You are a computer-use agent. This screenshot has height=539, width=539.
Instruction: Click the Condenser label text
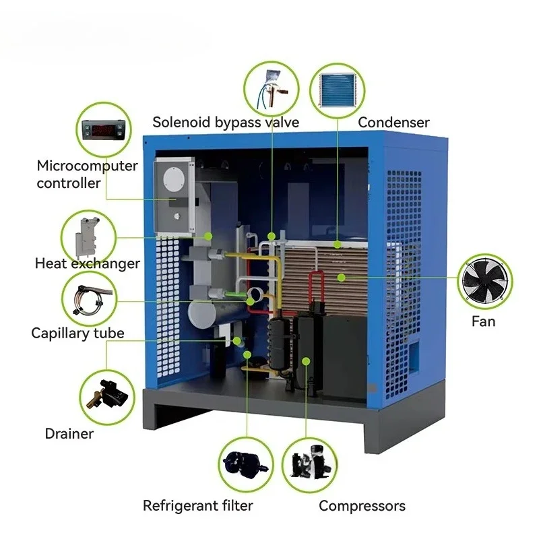click(393, 123)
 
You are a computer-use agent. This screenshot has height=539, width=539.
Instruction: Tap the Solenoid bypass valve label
click(226, 123)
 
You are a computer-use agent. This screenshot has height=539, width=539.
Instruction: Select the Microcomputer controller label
click(88, 175)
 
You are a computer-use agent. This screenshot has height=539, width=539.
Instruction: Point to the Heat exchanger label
click(88, 263)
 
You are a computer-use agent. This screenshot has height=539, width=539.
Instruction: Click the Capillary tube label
click(77, 333)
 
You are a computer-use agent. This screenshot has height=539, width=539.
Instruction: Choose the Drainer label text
click(69, 434)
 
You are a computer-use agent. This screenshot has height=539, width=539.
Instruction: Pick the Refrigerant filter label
click(197, 506)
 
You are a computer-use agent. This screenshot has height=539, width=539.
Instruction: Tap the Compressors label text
click(362, 507)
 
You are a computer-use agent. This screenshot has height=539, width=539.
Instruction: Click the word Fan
click(483, 322)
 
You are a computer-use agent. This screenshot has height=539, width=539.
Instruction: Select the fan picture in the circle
click(484, 281)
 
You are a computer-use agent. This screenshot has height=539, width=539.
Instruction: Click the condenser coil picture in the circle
click(338, 90)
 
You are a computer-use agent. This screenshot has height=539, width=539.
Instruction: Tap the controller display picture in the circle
click(104, 130)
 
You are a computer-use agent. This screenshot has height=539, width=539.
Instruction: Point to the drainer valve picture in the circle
click(108, 397)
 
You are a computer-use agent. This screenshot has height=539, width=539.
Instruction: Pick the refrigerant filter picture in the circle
click(246, 465)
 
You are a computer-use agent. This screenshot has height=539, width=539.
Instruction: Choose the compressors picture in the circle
click(311, 462)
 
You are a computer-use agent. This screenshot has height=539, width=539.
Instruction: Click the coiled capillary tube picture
click(90, 298)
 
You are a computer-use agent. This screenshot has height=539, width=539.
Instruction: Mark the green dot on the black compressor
click(307, 361)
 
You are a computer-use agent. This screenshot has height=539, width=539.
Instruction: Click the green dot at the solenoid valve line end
click(272, 236)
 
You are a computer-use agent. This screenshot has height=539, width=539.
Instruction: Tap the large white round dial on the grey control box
click(174, 179)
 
